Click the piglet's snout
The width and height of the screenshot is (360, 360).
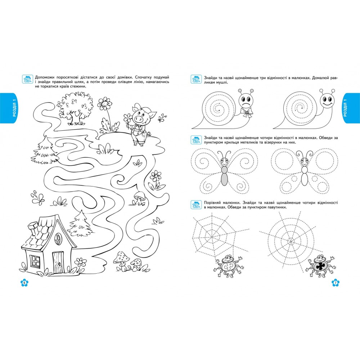tap(139, 119)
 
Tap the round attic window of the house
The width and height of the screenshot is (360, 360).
tap(58, 239)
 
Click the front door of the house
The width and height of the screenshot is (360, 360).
tap(58, 262)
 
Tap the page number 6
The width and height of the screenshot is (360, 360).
tap(24, 283)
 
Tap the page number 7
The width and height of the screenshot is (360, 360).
tap(336, 283)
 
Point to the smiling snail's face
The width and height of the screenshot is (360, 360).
tap(327, 100)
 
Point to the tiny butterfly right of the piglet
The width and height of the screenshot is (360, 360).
tap(162, 118)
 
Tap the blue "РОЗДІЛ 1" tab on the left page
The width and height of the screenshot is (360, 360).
tap(9, 108)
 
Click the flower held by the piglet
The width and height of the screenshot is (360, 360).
tap(128, 118)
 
